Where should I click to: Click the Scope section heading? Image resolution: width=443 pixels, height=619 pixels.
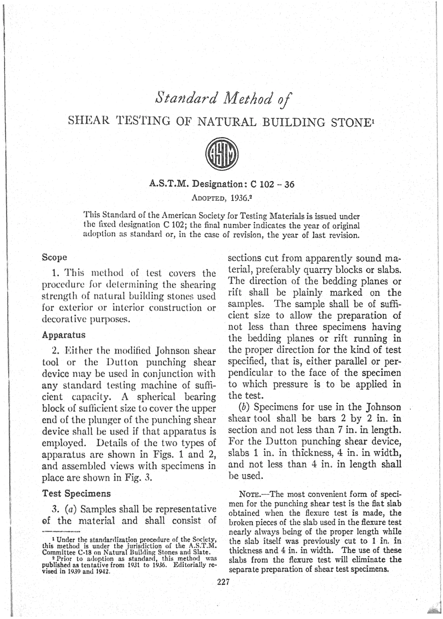pyautogui.click(x=55, y=257)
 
